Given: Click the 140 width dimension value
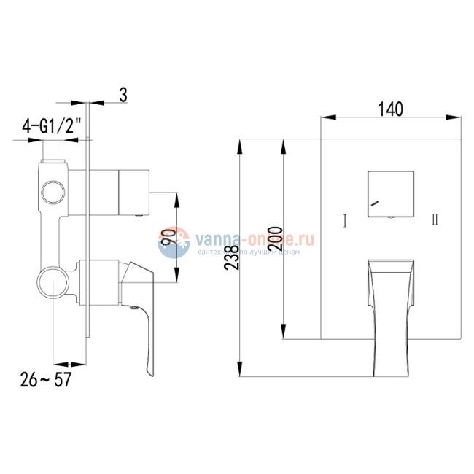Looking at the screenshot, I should pyautogui.click(x=391, y=109).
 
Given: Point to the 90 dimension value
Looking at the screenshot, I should pyautogui.click(x=167, y=237).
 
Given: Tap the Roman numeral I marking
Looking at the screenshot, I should pyautogui.click(x=343, y=219).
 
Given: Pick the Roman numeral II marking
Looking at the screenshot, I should pyautogui.click(x=435, y=219).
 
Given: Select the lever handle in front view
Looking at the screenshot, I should pyautogui.click(x=389, y=314).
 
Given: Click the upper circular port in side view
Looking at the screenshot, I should pyautogui.click(x=53, y=193).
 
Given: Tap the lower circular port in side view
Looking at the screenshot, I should pyautogui.click(x=53, y=281).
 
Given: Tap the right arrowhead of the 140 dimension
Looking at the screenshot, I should pyautogui.click(x=453, y=117).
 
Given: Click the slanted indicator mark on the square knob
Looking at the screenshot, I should pyautogui.click(x=375, y=205).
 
